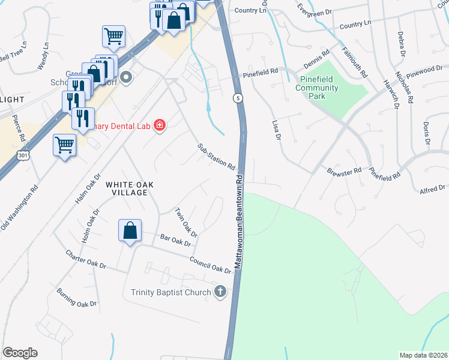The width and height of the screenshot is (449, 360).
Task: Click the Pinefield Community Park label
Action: click(317, 88)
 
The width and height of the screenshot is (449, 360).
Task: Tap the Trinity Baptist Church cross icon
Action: click(220, 292)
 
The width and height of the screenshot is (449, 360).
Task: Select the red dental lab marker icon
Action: click(160, 125)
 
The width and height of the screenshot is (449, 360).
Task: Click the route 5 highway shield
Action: click(238, 98)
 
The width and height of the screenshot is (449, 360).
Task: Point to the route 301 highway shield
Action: click(23, 155)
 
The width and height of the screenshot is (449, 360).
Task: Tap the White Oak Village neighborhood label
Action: click(126, 188)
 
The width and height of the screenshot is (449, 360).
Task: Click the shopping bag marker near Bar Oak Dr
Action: click(130, 231)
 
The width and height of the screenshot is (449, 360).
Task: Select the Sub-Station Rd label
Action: click(216, 157)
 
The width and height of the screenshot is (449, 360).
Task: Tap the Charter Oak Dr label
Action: click(86, 259)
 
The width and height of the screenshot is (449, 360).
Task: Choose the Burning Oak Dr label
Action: click(76, 298)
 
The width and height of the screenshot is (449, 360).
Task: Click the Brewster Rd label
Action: click(344, 170)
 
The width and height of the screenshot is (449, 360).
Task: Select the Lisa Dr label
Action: click(277, 130)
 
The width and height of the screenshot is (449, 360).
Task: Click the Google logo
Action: click(20, 353)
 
